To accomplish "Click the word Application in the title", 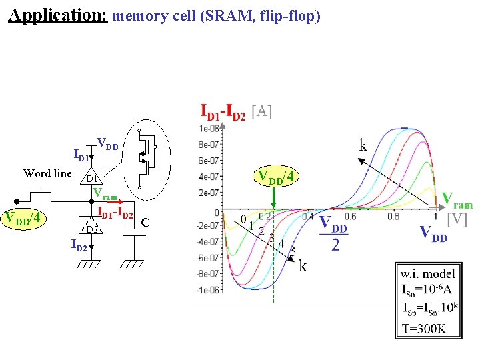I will [x=57, y=15].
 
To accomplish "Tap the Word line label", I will [x=47, y=173].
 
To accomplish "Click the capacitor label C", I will [x=145, y=221].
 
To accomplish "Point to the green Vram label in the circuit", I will [x=105, y=193].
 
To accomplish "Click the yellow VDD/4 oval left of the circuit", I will [x=25, y=218].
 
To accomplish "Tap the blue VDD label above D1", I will [x=107, y=143].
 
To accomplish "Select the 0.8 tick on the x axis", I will [x=392, y=216].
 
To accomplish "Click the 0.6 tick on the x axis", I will [x=349, y=216].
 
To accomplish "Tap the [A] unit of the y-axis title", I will [x=261, y=112].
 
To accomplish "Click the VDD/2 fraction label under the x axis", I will [x=335, y=233].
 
